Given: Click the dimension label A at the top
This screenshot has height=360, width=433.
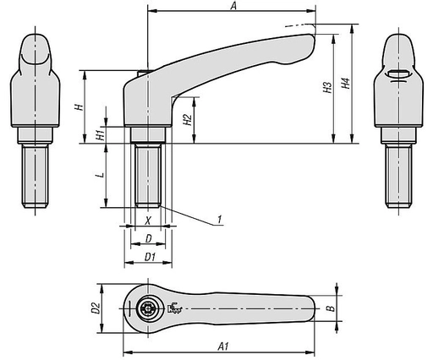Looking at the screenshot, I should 232,7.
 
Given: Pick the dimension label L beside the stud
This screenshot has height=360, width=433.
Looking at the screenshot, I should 100,176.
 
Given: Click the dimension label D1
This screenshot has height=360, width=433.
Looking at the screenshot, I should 149,256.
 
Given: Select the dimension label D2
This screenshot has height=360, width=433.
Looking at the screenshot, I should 96,308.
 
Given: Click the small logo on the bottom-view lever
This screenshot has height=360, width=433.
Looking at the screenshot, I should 177,309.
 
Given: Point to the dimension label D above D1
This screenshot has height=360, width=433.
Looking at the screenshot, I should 149,239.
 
